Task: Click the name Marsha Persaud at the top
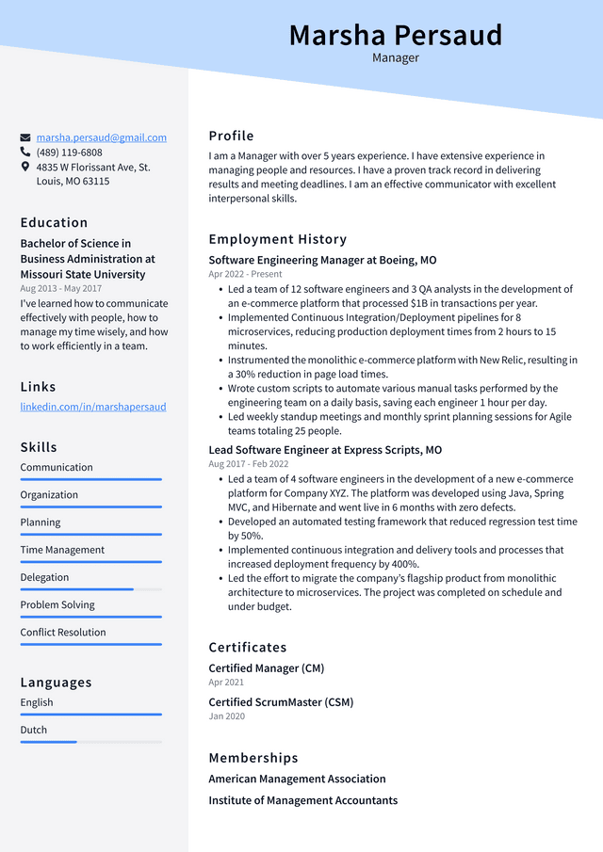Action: click(x=395, y=35)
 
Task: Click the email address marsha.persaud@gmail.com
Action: click(x=102, y=137)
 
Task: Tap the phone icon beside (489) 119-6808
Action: click(x=25, y=152)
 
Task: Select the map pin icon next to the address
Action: click(x=25, y=167)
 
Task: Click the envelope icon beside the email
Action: click(x=25, y=137)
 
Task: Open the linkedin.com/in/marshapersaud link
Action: click(x=93, y=407)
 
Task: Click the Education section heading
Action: click(x=54, y=222)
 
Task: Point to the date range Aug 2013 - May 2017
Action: click(x=60, y=288)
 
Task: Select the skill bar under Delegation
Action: click(x=90, y=589)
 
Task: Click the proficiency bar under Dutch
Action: click(x=90, y=742)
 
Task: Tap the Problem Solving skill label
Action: click(x=57, y=604)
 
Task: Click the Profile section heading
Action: click(x=231, y=136)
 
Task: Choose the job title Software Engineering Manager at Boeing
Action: click(x=322, y=260)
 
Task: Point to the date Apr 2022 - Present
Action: click(x=245, y=274)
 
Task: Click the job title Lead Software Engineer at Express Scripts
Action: click(x=325, y=450)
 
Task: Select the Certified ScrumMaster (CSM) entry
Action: click(x=281, y=702)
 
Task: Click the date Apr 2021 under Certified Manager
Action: click(x=226, y=682)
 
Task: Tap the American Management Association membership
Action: click(x=297, y=779)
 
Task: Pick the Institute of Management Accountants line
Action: click(x=302, y=800)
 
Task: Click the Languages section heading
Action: click(x=56, y=682)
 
